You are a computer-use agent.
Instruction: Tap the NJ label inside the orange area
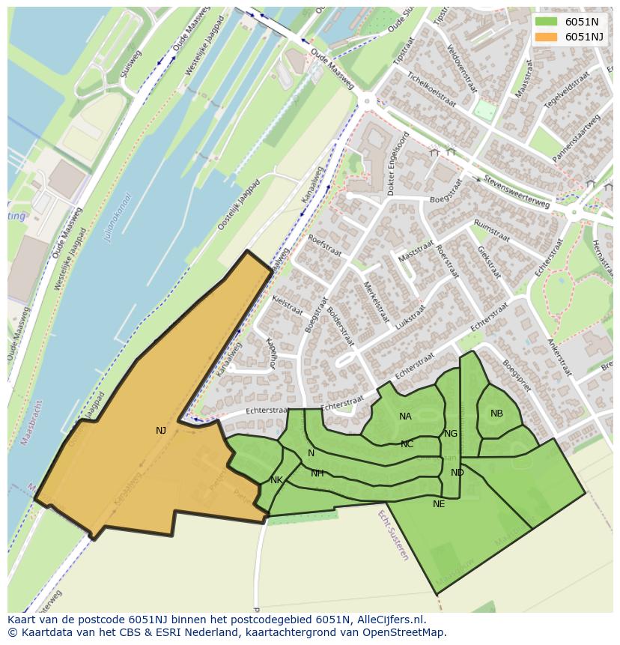[x=161, y=431]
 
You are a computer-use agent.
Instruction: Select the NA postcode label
[x=405, y=417]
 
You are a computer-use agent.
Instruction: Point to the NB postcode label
[x=496, y=414]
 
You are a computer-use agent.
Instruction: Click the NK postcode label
[x=276, y=480]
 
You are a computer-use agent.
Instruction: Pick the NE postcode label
[x=439, y=504]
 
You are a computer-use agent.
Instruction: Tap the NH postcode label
[x=317, y=473]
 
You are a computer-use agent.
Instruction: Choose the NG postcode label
[x=450, y=434]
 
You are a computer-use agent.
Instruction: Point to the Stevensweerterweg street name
[x=517, y=192]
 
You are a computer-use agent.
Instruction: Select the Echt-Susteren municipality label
[x=392, y=535]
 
